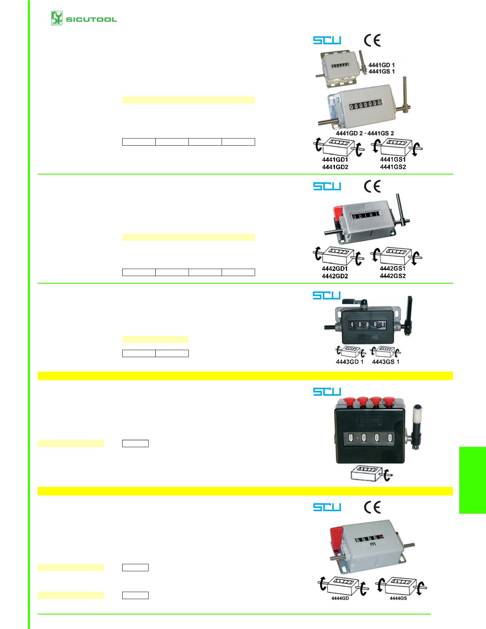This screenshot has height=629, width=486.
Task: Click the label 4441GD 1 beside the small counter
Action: coord(381,65)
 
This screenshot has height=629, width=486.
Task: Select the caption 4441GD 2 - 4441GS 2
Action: coord(365,133)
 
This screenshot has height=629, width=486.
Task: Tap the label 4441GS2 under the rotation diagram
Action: coord(393,167)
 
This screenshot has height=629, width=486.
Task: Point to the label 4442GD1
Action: coord(335,269)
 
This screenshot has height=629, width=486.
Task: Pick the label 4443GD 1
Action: coord(350,362)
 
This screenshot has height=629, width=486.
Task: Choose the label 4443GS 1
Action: coord(386,362)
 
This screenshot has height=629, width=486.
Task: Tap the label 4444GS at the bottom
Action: coord(398,598)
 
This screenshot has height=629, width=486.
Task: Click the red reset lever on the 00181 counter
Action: coord(337,213)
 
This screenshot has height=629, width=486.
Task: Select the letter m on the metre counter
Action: coord(373,544)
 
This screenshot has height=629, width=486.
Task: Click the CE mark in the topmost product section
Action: coord(372,41)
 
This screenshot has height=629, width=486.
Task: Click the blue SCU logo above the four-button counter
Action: coord(327,392)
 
